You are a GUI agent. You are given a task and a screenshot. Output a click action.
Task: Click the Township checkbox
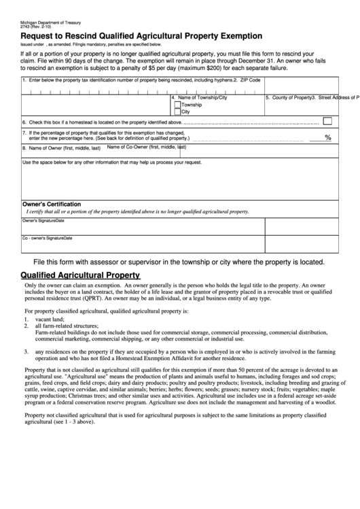[x=178, y=105]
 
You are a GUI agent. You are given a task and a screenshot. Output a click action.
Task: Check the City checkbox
[x=178, y=112]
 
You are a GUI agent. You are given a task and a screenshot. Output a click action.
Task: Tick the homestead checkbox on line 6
[x=327, y=121]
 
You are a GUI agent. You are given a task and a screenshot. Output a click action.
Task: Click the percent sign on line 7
[x=328, y=137]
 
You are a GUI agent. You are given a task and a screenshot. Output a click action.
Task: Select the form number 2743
[x=26, y=28]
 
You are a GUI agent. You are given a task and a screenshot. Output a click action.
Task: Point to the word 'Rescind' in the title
[x=85, y=37]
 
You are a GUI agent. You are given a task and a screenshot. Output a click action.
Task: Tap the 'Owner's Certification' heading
[x=52, y=204]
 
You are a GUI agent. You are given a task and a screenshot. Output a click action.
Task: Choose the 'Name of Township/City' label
[x=202, y=98]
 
